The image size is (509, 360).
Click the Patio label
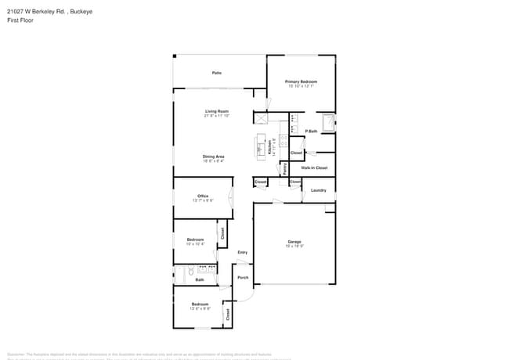pyautogui.click(x=216, y=73)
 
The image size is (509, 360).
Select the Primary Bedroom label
pyautogui.click(x=301, y=81)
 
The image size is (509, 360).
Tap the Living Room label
pyautogui.click(x=217, y=111)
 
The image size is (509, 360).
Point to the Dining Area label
pyautogui.click(x=214, y=157)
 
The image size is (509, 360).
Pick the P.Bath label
pyautogui.click(x=311, y=131)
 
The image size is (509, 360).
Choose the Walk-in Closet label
pyautogui.click(x=314, y=167)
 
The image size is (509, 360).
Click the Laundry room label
pyautogui.click(x=318, y=190)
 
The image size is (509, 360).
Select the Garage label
pyautogui.click(x=294, y=242)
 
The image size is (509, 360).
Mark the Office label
pyautogui.click(x=203, y=196)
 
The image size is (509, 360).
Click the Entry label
pyautogui.click(x=243, y=252)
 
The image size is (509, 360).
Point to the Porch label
pyautogui.click(x=243, y=278)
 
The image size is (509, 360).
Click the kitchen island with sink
pyautogui.click(x=261, y=146)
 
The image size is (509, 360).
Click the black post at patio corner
pyautogui.click(x=175, y=56)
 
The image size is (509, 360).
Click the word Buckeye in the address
pyautogui.click(x=83, y=11)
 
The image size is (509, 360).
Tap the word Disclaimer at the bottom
pyautogui.click(x=16, y=355)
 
